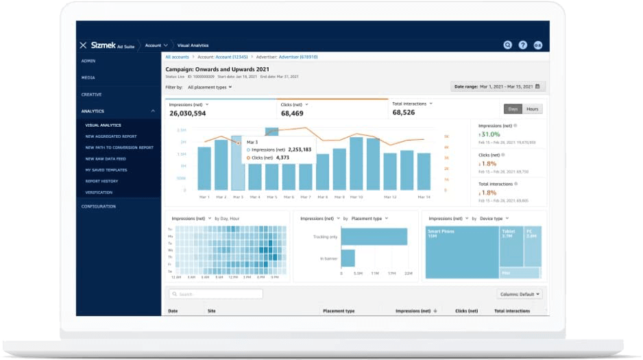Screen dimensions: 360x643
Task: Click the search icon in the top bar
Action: (507, 45)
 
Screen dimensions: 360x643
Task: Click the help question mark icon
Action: (523, 45)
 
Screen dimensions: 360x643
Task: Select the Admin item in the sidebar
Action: (88, 61)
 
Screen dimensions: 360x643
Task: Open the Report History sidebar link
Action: (101, 181)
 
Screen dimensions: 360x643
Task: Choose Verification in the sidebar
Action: (99, 192)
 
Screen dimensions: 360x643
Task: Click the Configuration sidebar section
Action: (99, 206)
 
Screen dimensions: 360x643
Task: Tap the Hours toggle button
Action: (533, 109)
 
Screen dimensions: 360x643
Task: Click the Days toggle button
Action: (513, 109)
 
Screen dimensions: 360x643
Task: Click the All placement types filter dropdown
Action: (210, 87)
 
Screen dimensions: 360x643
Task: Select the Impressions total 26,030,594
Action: (189, 113)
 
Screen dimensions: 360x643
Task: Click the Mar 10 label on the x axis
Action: (356, 197)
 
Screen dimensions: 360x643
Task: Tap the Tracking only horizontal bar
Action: (374, 237)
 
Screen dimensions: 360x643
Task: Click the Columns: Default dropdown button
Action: (519, 293)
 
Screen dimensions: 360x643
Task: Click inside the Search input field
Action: (216, 293)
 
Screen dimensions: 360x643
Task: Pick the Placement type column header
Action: (339, 311)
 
